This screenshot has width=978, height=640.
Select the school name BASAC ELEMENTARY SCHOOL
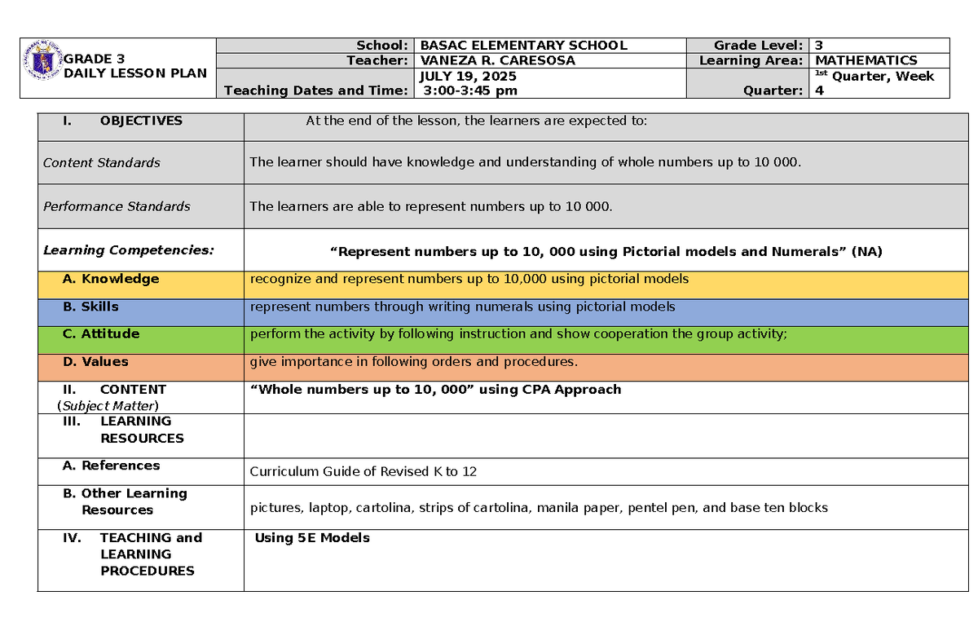pos(523,46)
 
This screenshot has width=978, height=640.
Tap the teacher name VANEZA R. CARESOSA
pos(497,60)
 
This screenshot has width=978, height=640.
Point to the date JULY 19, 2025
pos(467,76)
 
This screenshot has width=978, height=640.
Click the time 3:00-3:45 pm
pos(468,90)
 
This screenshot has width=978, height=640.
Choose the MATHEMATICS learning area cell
pos(866,60)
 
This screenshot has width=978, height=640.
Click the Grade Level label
pos(760,46)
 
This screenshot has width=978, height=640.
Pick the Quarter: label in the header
pos(773,90)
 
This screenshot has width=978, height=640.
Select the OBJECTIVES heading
pos(141,121)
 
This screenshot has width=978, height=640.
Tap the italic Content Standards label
pos(101,163)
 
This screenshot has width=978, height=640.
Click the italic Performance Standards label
pos(117,207)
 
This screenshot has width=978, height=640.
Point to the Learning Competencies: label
pos(129,250)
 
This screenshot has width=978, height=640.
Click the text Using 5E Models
pos(312,538)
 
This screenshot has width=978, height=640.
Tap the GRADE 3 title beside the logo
pos(95,59)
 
